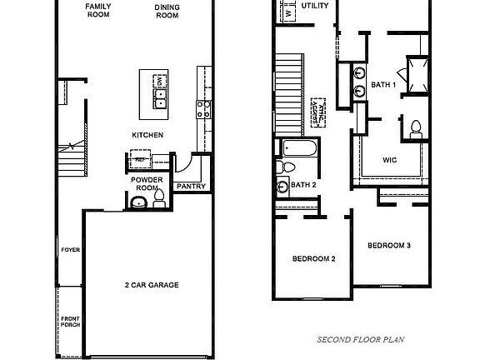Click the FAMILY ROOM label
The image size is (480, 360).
pyautogui.click(x=99, y=9)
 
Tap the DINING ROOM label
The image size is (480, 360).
pyautogui.click(x=167, y=11)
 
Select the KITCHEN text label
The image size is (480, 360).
pyautogui.click(x=147, y=135)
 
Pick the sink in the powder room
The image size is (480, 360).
pyautogui.click(x=137, y=202)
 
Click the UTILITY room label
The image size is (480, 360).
pyautogui.click(x=314, y=6)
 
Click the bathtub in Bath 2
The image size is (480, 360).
pyautogui.click(x=298, y=148)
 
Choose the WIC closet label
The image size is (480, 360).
pyautogui.click(x=389, y=158)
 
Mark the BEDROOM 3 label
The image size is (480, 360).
pyautogui.click(x=389, y=246)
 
